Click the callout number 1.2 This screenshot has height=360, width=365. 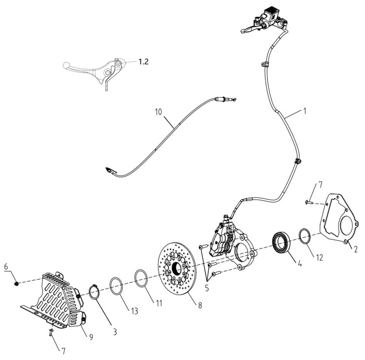143,62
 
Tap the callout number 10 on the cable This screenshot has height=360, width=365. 158,112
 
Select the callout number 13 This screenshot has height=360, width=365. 135,311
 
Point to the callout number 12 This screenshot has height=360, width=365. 320,257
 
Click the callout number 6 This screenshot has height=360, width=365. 6,266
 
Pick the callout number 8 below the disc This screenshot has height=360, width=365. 200,305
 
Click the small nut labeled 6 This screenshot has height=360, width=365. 17,283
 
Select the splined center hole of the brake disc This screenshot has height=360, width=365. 177,270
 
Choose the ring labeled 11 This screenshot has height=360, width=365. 141,278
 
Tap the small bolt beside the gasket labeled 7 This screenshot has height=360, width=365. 308,202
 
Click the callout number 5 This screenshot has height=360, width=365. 207,288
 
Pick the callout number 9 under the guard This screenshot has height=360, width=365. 91,337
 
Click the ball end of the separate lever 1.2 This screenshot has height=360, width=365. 66,64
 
